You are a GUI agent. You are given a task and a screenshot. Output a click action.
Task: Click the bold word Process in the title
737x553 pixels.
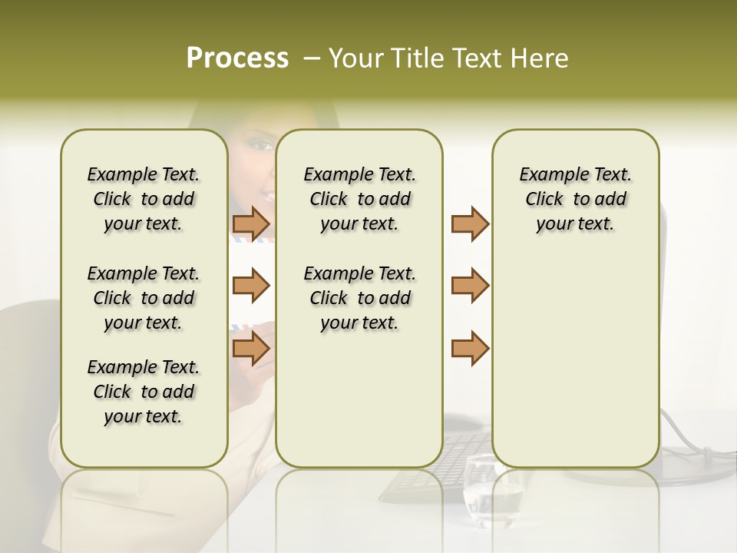237,58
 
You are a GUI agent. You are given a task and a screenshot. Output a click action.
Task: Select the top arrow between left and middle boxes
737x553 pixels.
251,224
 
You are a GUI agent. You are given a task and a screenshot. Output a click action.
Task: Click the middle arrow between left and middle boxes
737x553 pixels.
251,286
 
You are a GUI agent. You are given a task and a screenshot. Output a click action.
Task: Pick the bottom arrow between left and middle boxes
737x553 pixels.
251,349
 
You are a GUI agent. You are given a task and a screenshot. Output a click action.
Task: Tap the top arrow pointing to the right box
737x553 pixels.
470,224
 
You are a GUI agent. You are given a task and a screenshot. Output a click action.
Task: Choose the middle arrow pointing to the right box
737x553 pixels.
470,286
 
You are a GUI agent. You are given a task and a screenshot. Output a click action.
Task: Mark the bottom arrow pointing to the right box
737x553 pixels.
470,349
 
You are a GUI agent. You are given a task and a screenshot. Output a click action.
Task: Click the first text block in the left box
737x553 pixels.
144,199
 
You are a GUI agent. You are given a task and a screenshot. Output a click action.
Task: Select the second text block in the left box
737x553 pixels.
144,298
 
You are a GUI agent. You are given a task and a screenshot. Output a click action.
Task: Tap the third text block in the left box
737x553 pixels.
144,392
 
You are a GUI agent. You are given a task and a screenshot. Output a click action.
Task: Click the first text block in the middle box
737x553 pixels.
359,199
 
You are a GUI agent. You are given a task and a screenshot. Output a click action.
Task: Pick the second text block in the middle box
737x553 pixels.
359,298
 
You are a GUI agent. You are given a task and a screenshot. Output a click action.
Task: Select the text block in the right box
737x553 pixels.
575,199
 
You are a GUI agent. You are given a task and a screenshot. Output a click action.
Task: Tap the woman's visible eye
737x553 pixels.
261,145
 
